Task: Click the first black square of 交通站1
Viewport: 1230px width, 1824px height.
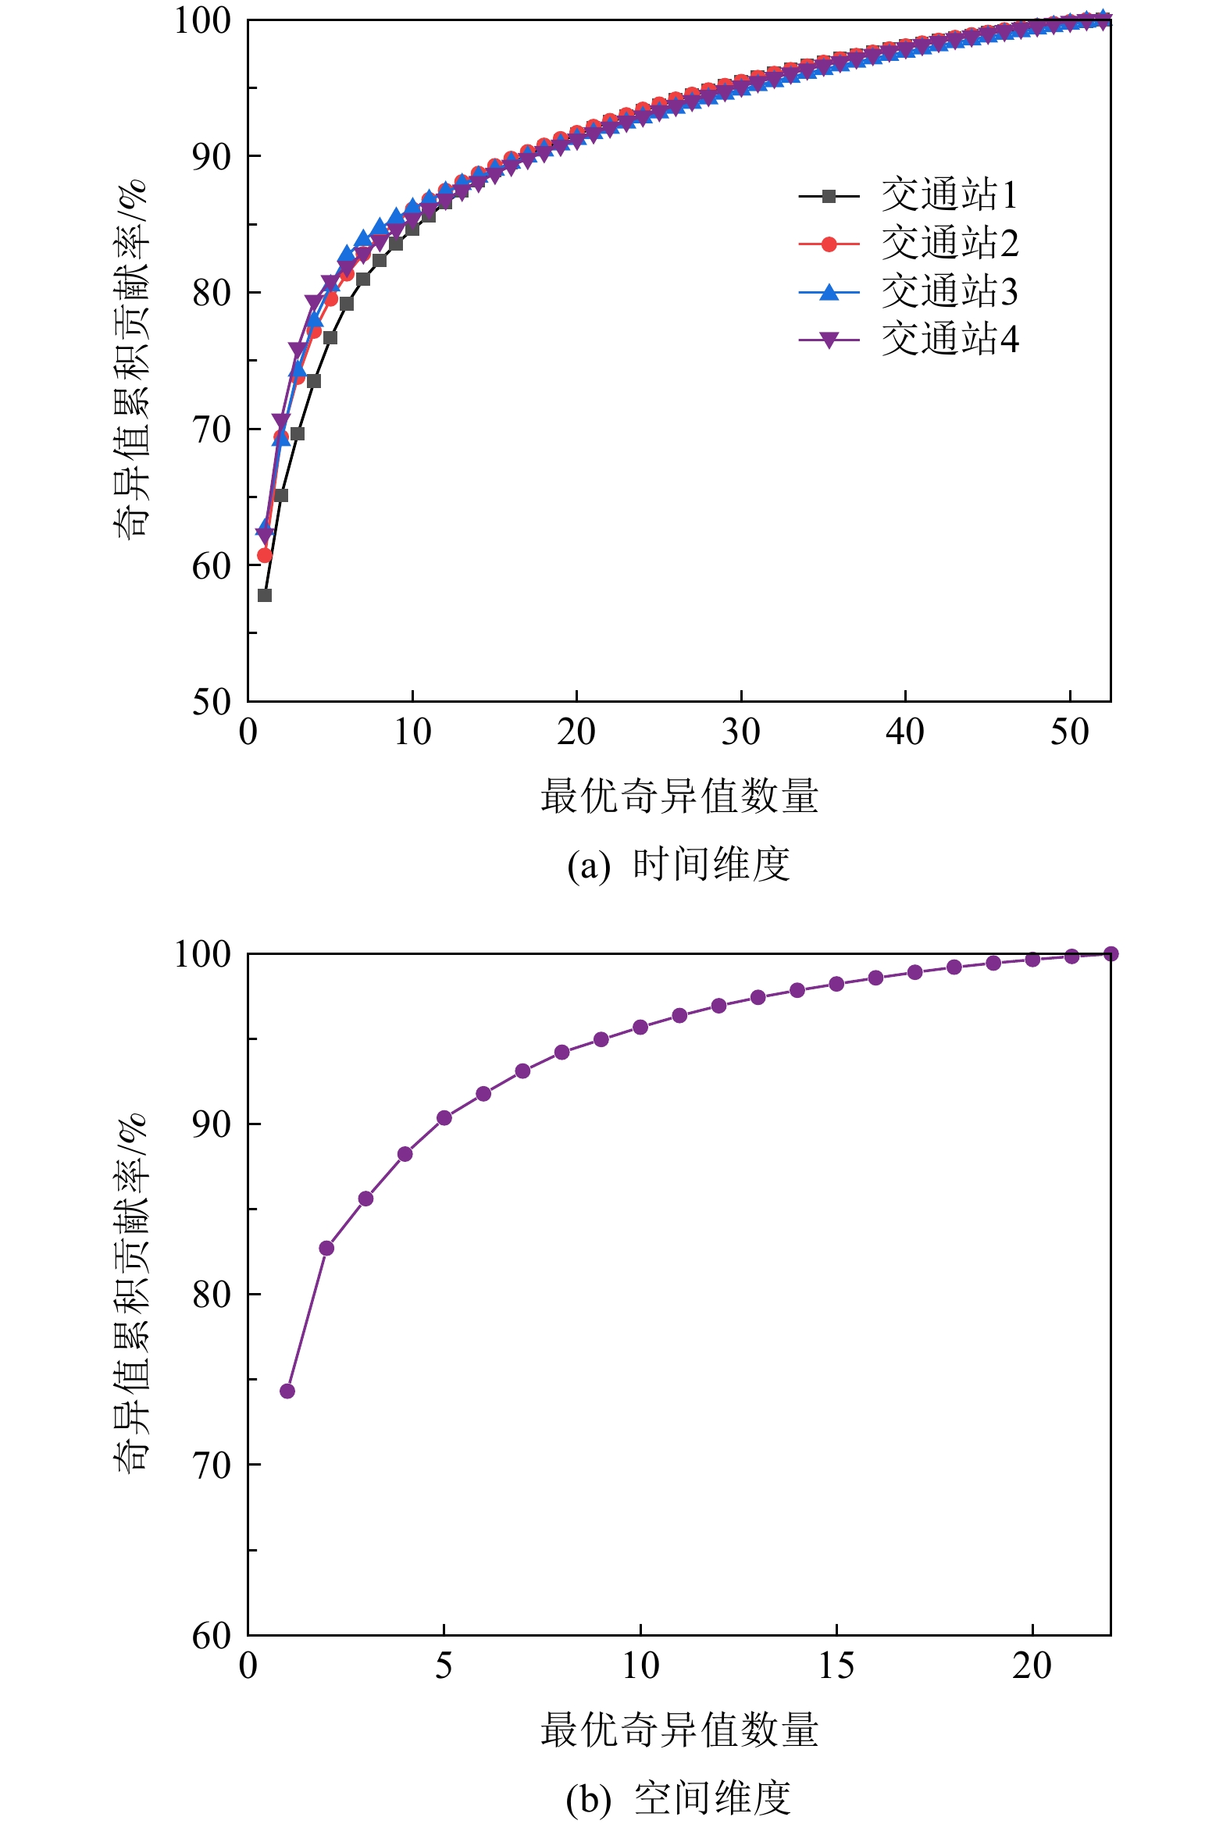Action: (x=265, y=595)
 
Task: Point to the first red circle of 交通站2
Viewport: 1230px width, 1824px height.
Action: (x=265, y=555)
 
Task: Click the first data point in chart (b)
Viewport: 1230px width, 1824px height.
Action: (x=287, y=1391)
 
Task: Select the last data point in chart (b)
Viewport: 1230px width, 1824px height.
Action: (x=1111, y=953)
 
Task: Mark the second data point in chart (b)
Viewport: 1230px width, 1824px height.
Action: (x=326, y=1248)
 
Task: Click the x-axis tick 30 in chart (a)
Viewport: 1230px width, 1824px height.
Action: (x=740, y=732)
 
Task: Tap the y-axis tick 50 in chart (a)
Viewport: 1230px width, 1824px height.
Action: (x=211, y=702)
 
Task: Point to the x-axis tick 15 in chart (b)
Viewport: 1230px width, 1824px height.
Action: (x=836, y=1665)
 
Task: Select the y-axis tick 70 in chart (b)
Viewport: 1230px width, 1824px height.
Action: (x=211, y=1465)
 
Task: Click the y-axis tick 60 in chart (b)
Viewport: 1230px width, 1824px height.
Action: (x=211, y=1636)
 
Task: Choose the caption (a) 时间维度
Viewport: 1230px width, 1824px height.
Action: (x=679, y=865)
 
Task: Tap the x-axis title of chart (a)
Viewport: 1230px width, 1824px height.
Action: (x=679, y=796)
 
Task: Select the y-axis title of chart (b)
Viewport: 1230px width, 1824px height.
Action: (x=130, y=1293)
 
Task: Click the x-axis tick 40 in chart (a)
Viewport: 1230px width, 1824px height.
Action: (x=905, y=732)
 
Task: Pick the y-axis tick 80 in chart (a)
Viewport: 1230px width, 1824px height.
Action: (x=211, y=294)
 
